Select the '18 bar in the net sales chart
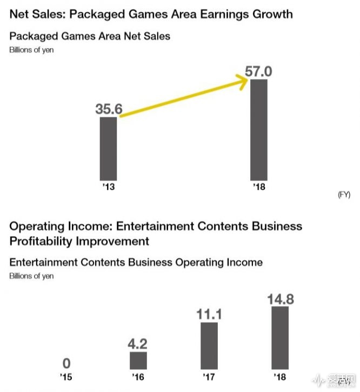[x=258, y=130]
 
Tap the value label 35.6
[x=109, y=109]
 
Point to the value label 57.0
[x=259, y=71]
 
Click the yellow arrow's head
[x=243, y=81]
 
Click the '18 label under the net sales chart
[x=258, y=187]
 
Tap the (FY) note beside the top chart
[x=344, y=195]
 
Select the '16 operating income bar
[x=138, y=361]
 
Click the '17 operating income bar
[x=209, y=346]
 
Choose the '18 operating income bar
[x=280, y=338]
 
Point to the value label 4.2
[x=138, y=343]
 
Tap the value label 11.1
[x=209, y=314]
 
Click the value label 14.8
[x=280, y=298]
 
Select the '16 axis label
[x=138, y=377]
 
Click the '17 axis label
[x=209, y=377]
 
